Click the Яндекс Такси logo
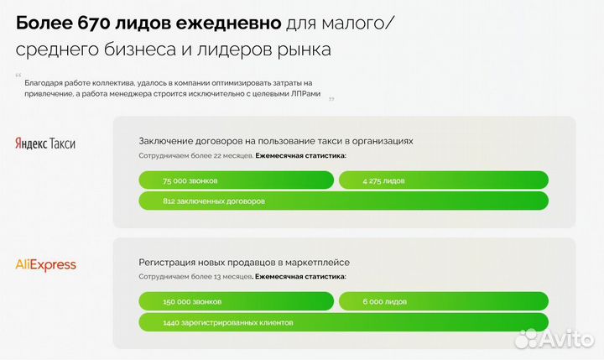click(45, 143)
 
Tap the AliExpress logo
click(46, 265)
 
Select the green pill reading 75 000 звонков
click(236, 180)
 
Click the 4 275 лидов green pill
click(443, 180)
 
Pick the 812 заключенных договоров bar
click(343, 201)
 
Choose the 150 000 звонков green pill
click(236, 301)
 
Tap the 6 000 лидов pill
click(443, 301)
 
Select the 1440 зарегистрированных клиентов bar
click(343, 322)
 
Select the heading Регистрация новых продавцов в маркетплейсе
click(244, 263)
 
